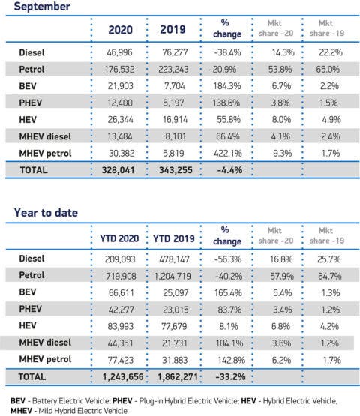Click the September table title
click(x=42, y=6)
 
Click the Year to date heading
click(x=46, y=213)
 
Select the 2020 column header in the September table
click(x=120, y=30)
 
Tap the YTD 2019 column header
click(x=174, y=238)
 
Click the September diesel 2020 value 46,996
click(x=119, y=52)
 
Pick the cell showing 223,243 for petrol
click(x=173, y=70)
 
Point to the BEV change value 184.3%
click(x=227, y=86)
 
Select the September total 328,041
click(x=118, y=170)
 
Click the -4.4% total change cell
click(x=229, y=170)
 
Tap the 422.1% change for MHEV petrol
click(x=228, y=154)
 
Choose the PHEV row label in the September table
click(x=31, y=103)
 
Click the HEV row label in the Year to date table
click(x=28, y=325)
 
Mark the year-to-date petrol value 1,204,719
click(x=172, y=276)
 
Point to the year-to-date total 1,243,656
click(x=123, y=377)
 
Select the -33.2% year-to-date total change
click(x=230, y=377)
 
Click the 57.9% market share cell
click(x=282, y=276)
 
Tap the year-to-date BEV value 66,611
click(x=121, y=293)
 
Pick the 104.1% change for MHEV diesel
click(x=229, y=343)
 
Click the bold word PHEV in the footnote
click(x=122, y=401)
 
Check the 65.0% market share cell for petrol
click(x=328, y=70)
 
